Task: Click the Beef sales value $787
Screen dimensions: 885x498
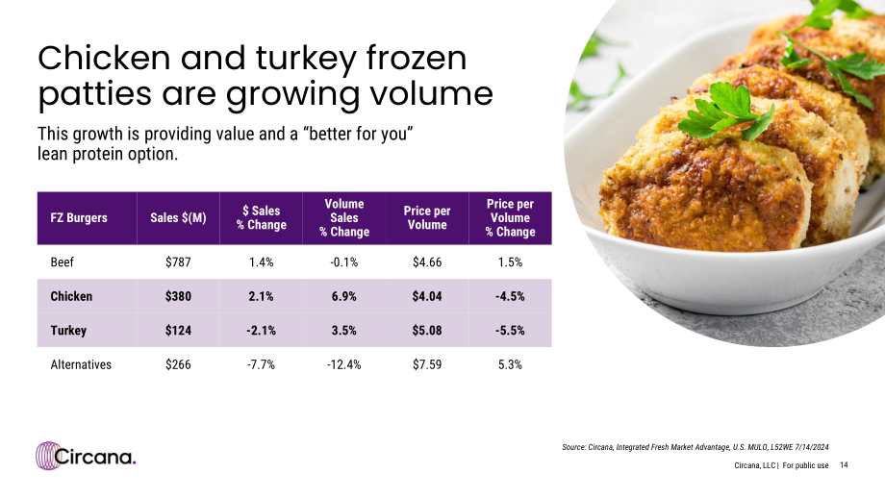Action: (x=178, y=262)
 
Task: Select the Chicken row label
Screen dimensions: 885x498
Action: (x=71, y=296)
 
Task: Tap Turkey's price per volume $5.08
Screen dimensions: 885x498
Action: (x=427, y=331)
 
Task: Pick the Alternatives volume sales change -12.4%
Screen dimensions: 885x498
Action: (x=343, y=365)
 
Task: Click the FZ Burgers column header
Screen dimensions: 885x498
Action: (x=79, y=217)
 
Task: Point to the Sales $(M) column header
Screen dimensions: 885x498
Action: (x=178, y=217)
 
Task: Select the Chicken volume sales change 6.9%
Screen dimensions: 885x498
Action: (x=343, y=297)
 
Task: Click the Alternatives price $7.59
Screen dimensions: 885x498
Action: (x=427, y=365)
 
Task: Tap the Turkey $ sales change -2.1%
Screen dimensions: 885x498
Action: (x=261, y=331)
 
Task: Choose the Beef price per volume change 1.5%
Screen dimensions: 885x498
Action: (x=510, y=262)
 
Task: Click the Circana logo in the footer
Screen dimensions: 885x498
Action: (x=86, y=456)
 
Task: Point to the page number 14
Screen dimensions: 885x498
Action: (x=844, y=465)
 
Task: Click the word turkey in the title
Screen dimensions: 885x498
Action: (x=305, y=59)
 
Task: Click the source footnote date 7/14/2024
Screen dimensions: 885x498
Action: (x=811, y=447)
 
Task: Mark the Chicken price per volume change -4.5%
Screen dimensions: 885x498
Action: (x=510, y=297)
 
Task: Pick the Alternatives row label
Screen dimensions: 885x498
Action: (x=81, y=365)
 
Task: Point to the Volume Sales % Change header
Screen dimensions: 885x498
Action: (x=343, y=217)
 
